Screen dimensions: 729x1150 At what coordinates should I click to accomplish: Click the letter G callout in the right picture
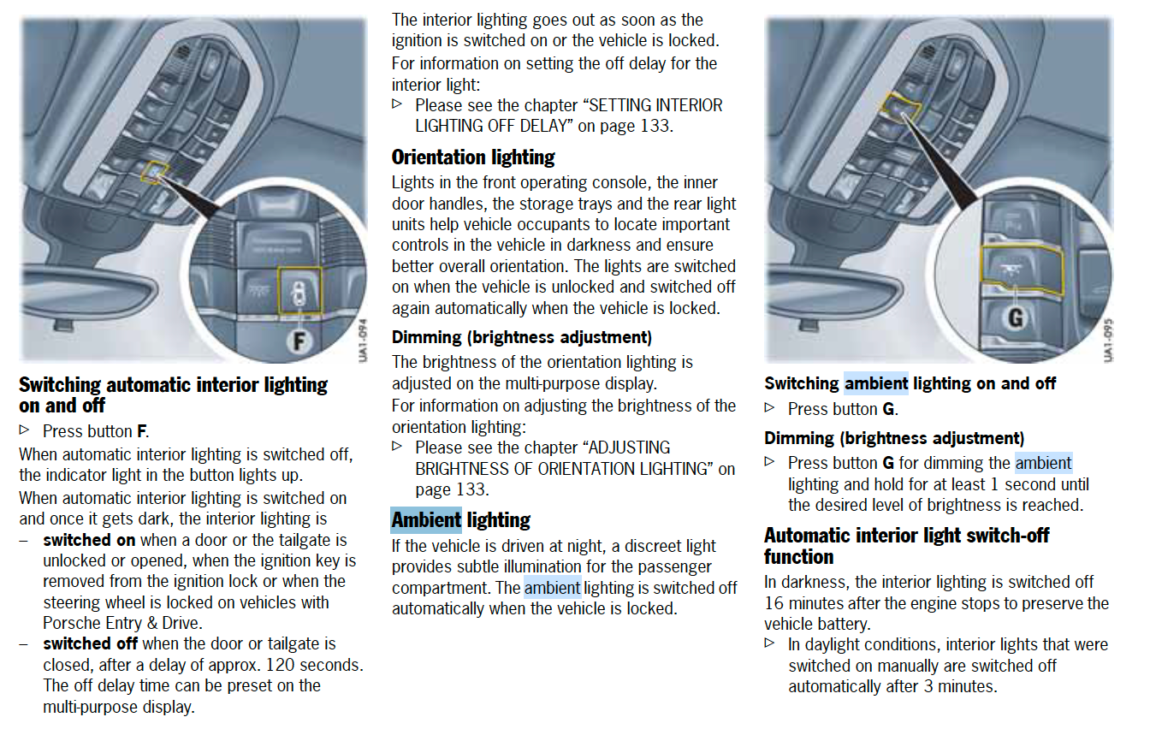(1016, 317)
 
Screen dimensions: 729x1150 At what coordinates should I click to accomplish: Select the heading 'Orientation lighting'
(473, 157)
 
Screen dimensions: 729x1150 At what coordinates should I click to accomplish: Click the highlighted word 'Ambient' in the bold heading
(426, 520)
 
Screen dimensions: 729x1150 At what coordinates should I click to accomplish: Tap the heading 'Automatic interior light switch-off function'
(905, 546)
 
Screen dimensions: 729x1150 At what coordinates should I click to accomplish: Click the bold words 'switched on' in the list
(89, 540)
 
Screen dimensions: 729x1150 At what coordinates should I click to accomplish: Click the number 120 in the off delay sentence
(281, 665)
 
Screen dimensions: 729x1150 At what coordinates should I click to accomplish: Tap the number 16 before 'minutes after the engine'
(775, 603)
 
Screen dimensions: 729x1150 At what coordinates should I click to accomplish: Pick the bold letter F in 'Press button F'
(142, 431)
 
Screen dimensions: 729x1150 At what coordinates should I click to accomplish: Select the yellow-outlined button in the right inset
(1023, 270)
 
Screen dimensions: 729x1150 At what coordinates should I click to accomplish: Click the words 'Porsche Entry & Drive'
(122, 623)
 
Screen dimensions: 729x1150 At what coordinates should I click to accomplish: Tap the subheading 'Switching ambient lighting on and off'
(910, 383)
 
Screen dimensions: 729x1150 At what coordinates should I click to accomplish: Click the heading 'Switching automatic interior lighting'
(173, 385)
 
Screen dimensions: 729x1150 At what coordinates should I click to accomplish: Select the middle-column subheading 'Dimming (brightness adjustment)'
(521, 337)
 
